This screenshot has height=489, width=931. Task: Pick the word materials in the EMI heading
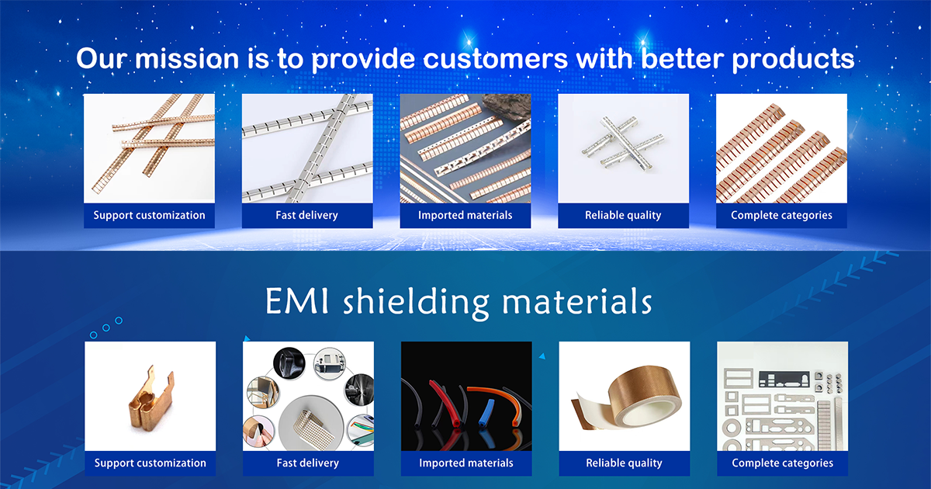pyautogui.click(x=576, y=300)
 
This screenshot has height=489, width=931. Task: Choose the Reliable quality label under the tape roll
pyautogui.click(x=624, y=463)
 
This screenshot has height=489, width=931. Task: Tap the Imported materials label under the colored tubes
pyautogui.click(x=465, y=463)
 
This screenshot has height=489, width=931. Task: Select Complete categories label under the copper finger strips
pyautogui.click(x=781, y=215)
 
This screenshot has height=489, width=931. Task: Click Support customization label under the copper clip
pyautogui.click(x=150, y=463)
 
